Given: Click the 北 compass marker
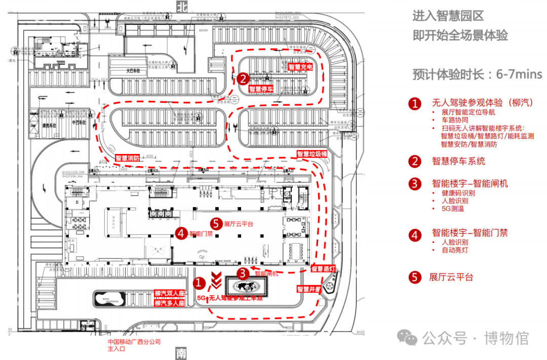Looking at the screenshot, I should click(181, 6).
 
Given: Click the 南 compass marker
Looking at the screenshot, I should click(181, 353).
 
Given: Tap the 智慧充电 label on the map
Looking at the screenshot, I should click(300, 67).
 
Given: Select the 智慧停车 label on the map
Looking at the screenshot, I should click(261, 89).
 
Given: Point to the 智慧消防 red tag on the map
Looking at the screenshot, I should click(127, 158).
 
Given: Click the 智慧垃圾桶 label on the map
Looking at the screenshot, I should click(312, 154).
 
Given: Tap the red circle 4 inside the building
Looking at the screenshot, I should click(181, 233).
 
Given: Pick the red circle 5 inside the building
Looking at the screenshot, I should click(216, 223).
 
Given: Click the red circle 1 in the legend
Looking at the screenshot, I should click(415, 104).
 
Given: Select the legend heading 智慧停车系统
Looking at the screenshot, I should click(458, 161).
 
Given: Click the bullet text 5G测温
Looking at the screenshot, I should click(453, 209).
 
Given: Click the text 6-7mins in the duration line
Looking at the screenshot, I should click(519, 75).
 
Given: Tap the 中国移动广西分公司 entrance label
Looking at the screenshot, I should click(134, 342).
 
